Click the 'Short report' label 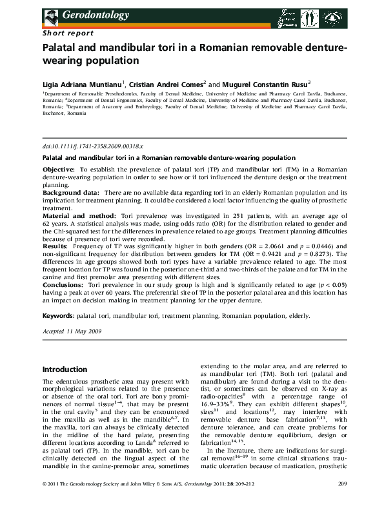click(x=68, y=32)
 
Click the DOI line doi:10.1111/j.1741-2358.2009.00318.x click(x=92, y=148)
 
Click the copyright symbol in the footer click(x=44, y=501)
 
